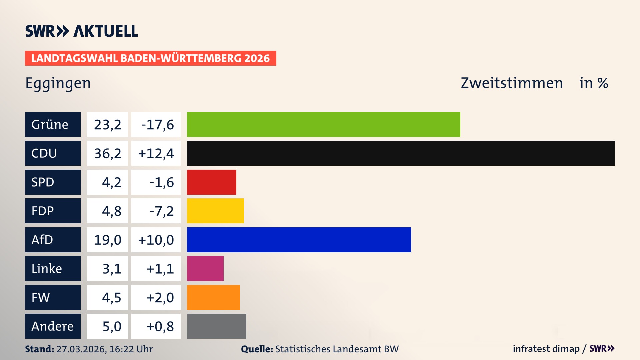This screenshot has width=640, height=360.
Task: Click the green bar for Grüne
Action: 323,124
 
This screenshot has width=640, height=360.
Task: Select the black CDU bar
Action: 401,153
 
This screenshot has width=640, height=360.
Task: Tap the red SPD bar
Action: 211,182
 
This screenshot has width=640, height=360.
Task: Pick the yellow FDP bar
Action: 215,211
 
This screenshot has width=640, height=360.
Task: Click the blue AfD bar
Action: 299,240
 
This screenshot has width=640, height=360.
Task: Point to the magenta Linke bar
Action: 205,268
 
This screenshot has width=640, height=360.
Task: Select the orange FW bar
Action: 213,297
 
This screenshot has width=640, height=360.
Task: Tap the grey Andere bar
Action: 216,326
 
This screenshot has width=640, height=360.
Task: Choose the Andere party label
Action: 53,326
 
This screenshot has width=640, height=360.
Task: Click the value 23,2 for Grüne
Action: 107,124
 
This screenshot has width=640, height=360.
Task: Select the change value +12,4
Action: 156,153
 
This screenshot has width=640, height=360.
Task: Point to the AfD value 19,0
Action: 107,240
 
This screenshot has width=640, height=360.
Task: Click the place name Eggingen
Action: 58,83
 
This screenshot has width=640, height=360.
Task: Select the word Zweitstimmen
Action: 512,83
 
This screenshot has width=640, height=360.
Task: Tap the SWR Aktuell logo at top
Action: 82,31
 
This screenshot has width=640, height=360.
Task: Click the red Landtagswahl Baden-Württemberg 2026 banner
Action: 150,58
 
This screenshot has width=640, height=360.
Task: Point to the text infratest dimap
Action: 546,349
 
